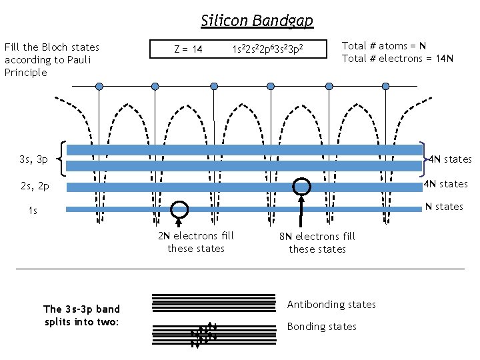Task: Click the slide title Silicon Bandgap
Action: pos(257,21)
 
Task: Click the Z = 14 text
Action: pos(188,49)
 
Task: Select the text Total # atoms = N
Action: pos(384,45)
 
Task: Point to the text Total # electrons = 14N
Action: pos(397,58)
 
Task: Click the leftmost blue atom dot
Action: pos(99,86)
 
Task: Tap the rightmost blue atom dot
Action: pos(386,86)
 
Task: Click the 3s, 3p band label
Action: pos(34,159)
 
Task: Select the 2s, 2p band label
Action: pos(34,187)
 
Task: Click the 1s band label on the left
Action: pos(33,211)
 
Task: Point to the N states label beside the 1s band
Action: pos(444,207)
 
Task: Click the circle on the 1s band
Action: pos(179,209)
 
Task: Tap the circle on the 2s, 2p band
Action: pos(302,186)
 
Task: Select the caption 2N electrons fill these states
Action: pos(196,242)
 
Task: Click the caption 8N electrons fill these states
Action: pos(317,243)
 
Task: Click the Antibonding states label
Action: pos(331,305)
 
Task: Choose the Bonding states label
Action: pos(321,327)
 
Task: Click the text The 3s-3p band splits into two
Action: pos(81,315)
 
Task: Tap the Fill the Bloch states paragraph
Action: pos(51,59)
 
